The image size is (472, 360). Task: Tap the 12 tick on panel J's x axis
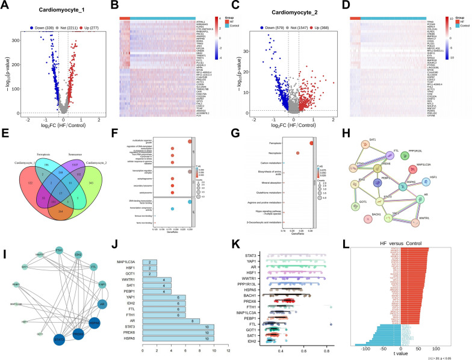click(229, 350)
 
